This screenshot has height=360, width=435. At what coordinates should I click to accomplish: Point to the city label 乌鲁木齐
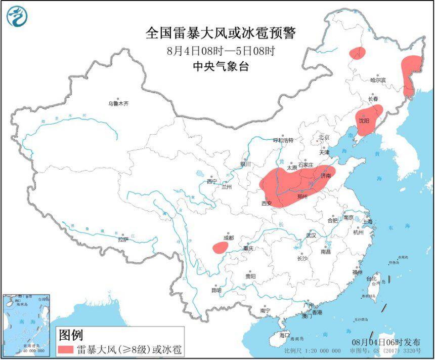point(118,103)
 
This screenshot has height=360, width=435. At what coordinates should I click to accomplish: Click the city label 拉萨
point(122,239)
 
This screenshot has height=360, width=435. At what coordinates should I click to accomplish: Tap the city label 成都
point(228,237)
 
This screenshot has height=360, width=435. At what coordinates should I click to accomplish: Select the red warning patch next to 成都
point(220,247)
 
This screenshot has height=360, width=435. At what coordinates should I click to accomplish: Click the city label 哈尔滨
point(377,80)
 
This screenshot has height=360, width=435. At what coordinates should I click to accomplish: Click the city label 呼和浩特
point(283,140)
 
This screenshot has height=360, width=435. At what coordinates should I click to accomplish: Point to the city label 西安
point(267,204)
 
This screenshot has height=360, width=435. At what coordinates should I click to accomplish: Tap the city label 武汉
point(311,235)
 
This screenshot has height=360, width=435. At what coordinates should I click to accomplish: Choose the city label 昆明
point(216,291)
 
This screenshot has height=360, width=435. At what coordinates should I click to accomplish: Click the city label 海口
point(285,335)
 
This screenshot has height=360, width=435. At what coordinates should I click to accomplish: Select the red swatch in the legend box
point(66,349)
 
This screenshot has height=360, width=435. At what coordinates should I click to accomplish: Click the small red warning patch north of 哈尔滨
point(357,53)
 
